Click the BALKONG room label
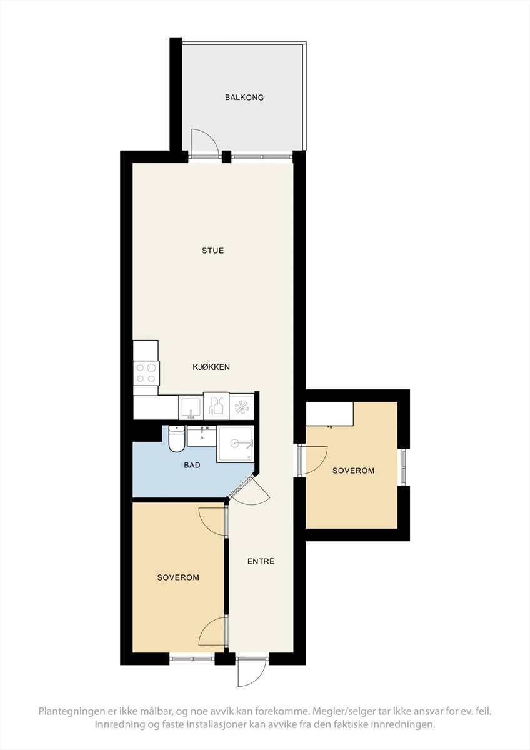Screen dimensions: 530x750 [244, 97]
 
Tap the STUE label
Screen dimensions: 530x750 [212, 251]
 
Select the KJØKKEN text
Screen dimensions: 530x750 [211, 367]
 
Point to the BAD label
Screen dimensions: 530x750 [192, 465]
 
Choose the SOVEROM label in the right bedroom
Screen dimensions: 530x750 [353, 471]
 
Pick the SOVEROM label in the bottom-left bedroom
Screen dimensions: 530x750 [178, 577]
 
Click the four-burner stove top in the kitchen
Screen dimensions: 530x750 [146, 373]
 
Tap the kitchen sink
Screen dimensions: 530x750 [191, 407]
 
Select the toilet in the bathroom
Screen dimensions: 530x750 [176, 438]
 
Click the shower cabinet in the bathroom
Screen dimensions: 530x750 [235, 444]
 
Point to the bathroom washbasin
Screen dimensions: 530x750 [202, 436]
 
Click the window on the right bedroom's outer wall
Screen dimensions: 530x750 [404, 467]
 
